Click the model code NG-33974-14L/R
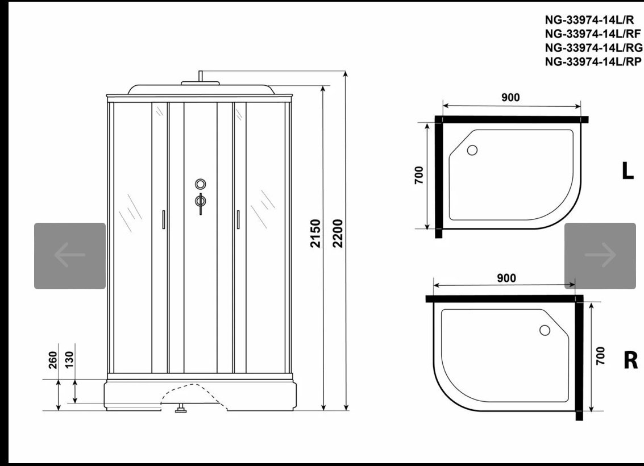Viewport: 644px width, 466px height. point(589,20)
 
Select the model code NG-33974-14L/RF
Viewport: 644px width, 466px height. point(593,34)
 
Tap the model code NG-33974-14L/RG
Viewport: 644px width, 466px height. point(593,48)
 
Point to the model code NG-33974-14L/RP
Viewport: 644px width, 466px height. point(593,61)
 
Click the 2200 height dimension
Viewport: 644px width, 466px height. point(338,233)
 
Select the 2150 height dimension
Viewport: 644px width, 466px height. point(315,233)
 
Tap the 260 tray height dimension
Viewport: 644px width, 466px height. point(53,360)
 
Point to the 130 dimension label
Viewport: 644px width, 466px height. point(69,360)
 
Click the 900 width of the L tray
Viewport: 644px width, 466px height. point(510,97)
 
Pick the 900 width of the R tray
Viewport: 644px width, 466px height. point(506,278)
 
